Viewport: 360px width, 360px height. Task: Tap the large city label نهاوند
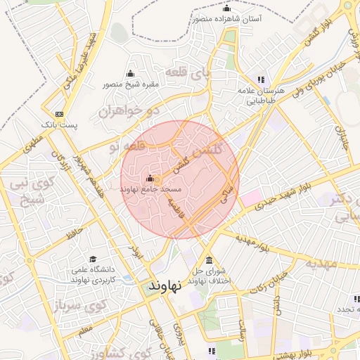165,285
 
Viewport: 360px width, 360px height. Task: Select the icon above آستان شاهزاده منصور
226,8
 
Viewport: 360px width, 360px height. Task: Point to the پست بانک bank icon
59,114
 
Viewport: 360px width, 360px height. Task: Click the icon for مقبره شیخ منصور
130,74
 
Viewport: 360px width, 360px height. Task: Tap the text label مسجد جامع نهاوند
151,190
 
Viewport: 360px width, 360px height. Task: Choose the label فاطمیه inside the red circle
176,209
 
